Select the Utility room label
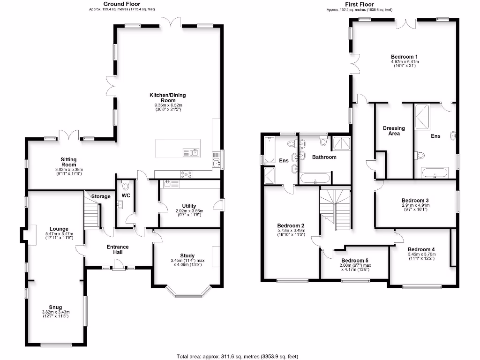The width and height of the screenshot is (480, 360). pyautogui.click(x=189, y=206)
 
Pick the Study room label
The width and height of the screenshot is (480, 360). pyautogui.click(x=187, y=255)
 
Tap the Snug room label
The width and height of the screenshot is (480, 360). pyautogui.click(x=56, y=307)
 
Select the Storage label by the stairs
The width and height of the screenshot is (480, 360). pyautogui.click(x=101, y=196)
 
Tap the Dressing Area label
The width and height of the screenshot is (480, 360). pyautogui.click(x=394, y=131)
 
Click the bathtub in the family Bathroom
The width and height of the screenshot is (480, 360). pyautogui.click(x=315, y=178)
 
